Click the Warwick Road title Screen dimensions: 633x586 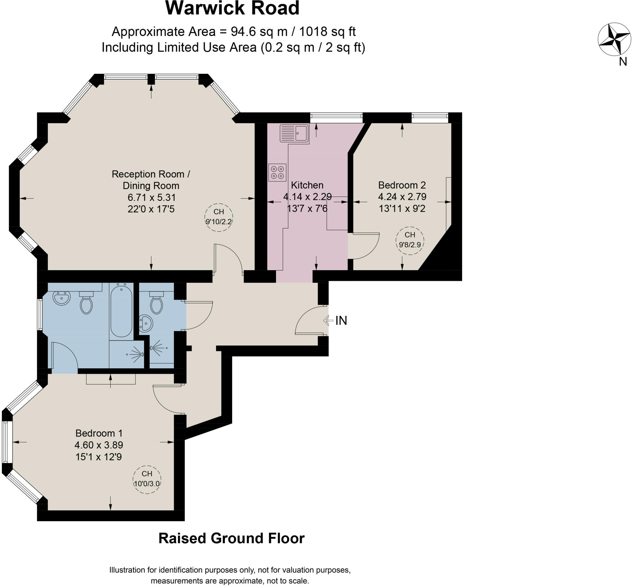232,8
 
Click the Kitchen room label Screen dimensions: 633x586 307,185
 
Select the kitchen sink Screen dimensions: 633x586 294,133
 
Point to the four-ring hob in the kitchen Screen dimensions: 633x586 277,173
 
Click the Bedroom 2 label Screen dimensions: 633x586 402,185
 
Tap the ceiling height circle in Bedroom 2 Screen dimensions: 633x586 410,241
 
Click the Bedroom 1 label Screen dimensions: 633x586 99,433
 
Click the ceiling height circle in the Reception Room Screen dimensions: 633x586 219,218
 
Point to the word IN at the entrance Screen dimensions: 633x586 341,320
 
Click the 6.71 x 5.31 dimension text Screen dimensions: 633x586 151,198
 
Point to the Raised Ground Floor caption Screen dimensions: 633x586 232,538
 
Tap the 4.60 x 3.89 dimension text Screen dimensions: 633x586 99,445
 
